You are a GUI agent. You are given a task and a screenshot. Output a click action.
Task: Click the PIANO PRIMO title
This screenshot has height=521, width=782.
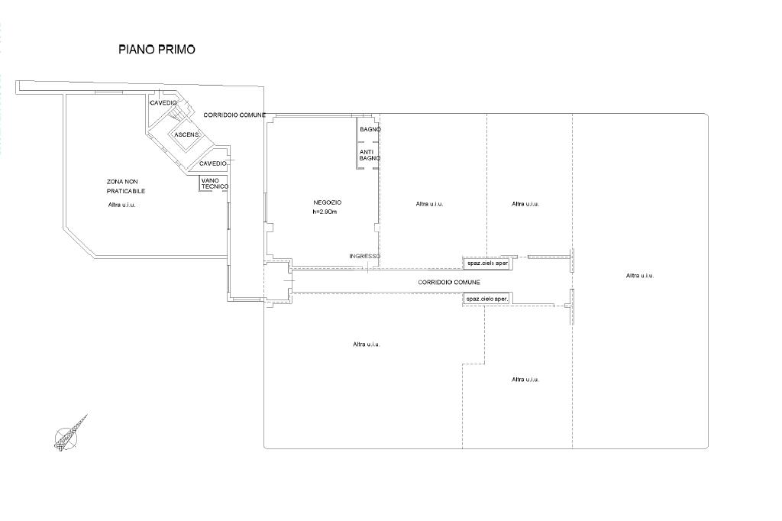157,50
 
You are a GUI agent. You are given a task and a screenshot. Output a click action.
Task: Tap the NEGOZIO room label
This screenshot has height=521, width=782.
327,202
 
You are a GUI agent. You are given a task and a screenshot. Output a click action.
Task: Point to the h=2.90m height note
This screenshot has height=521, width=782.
325,212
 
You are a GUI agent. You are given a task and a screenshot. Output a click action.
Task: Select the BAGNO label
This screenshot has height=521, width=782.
370,129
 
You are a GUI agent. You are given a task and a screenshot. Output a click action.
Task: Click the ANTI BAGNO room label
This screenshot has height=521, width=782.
370,155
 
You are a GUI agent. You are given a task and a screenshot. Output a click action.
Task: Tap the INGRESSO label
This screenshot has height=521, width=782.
364,256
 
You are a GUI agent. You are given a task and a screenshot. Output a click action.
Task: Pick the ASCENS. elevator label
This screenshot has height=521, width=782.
187,134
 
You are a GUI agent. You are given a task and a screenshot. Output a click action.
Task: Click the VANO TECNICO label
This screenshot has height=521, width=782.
215,183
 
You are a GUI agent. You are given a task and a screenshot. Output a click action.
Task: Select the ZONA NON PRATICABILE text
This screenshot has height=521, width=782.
126,186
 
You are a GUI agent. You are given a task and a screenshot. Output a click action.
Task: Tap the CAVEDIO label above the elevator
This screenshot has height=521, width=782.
163,103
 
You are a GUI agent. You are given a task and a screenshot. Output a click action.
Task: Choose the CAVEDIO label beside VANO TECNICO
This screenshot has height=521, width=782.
213,163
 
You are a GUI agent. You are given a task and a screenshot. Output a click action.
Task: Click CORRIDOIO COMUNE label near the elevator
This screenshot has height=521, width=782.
234,115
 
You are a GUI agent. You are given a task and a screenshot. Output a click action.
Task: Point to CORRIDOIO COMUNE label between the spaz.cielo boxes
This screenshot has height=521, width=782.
449,282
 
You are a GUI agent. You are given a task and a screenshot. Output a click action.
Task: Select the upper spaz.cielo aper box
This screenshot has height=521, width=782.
488,264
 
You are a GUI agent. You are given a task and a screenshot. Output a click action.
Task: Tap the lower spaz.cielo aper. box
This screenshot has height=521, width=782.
488,299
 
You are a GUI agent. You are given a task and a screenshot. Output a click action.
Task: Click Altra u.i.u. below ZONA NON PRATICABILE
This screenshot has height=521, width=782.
121,205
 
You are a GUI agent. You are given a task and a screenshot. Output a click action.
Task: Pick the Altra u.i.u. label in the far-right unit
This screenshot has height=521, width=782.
640,276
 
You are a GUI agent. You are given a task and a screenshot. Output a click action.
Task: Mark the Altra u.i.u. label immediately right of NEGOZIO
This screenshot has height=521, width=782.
429,204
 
